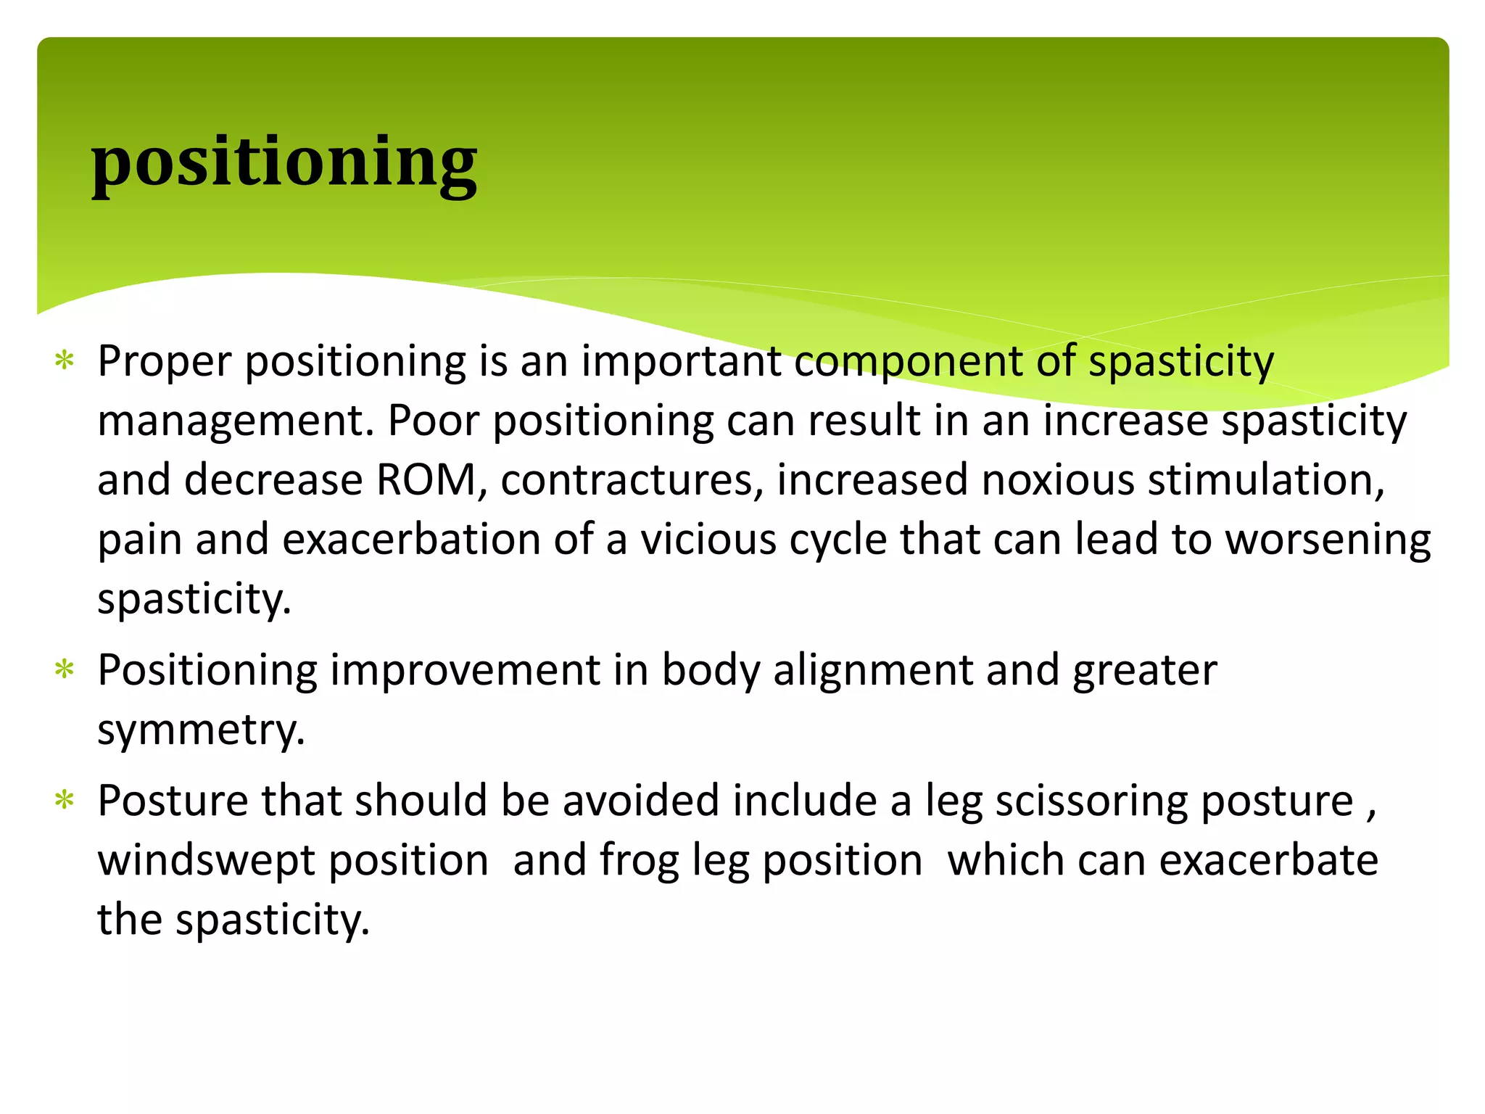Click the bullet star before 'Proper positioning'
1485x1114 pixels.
click(65, 360)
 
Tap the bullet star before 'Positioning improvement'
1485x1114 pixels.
click(65, 669)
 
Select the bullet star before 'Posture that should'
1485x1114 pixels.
click(65, 801)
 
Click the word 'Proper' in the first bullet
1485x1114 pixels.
click(165, 361)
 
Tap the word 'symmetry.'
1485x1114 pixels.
click(201, 730)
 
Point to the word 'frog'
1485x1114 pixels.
click(639, 860)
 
